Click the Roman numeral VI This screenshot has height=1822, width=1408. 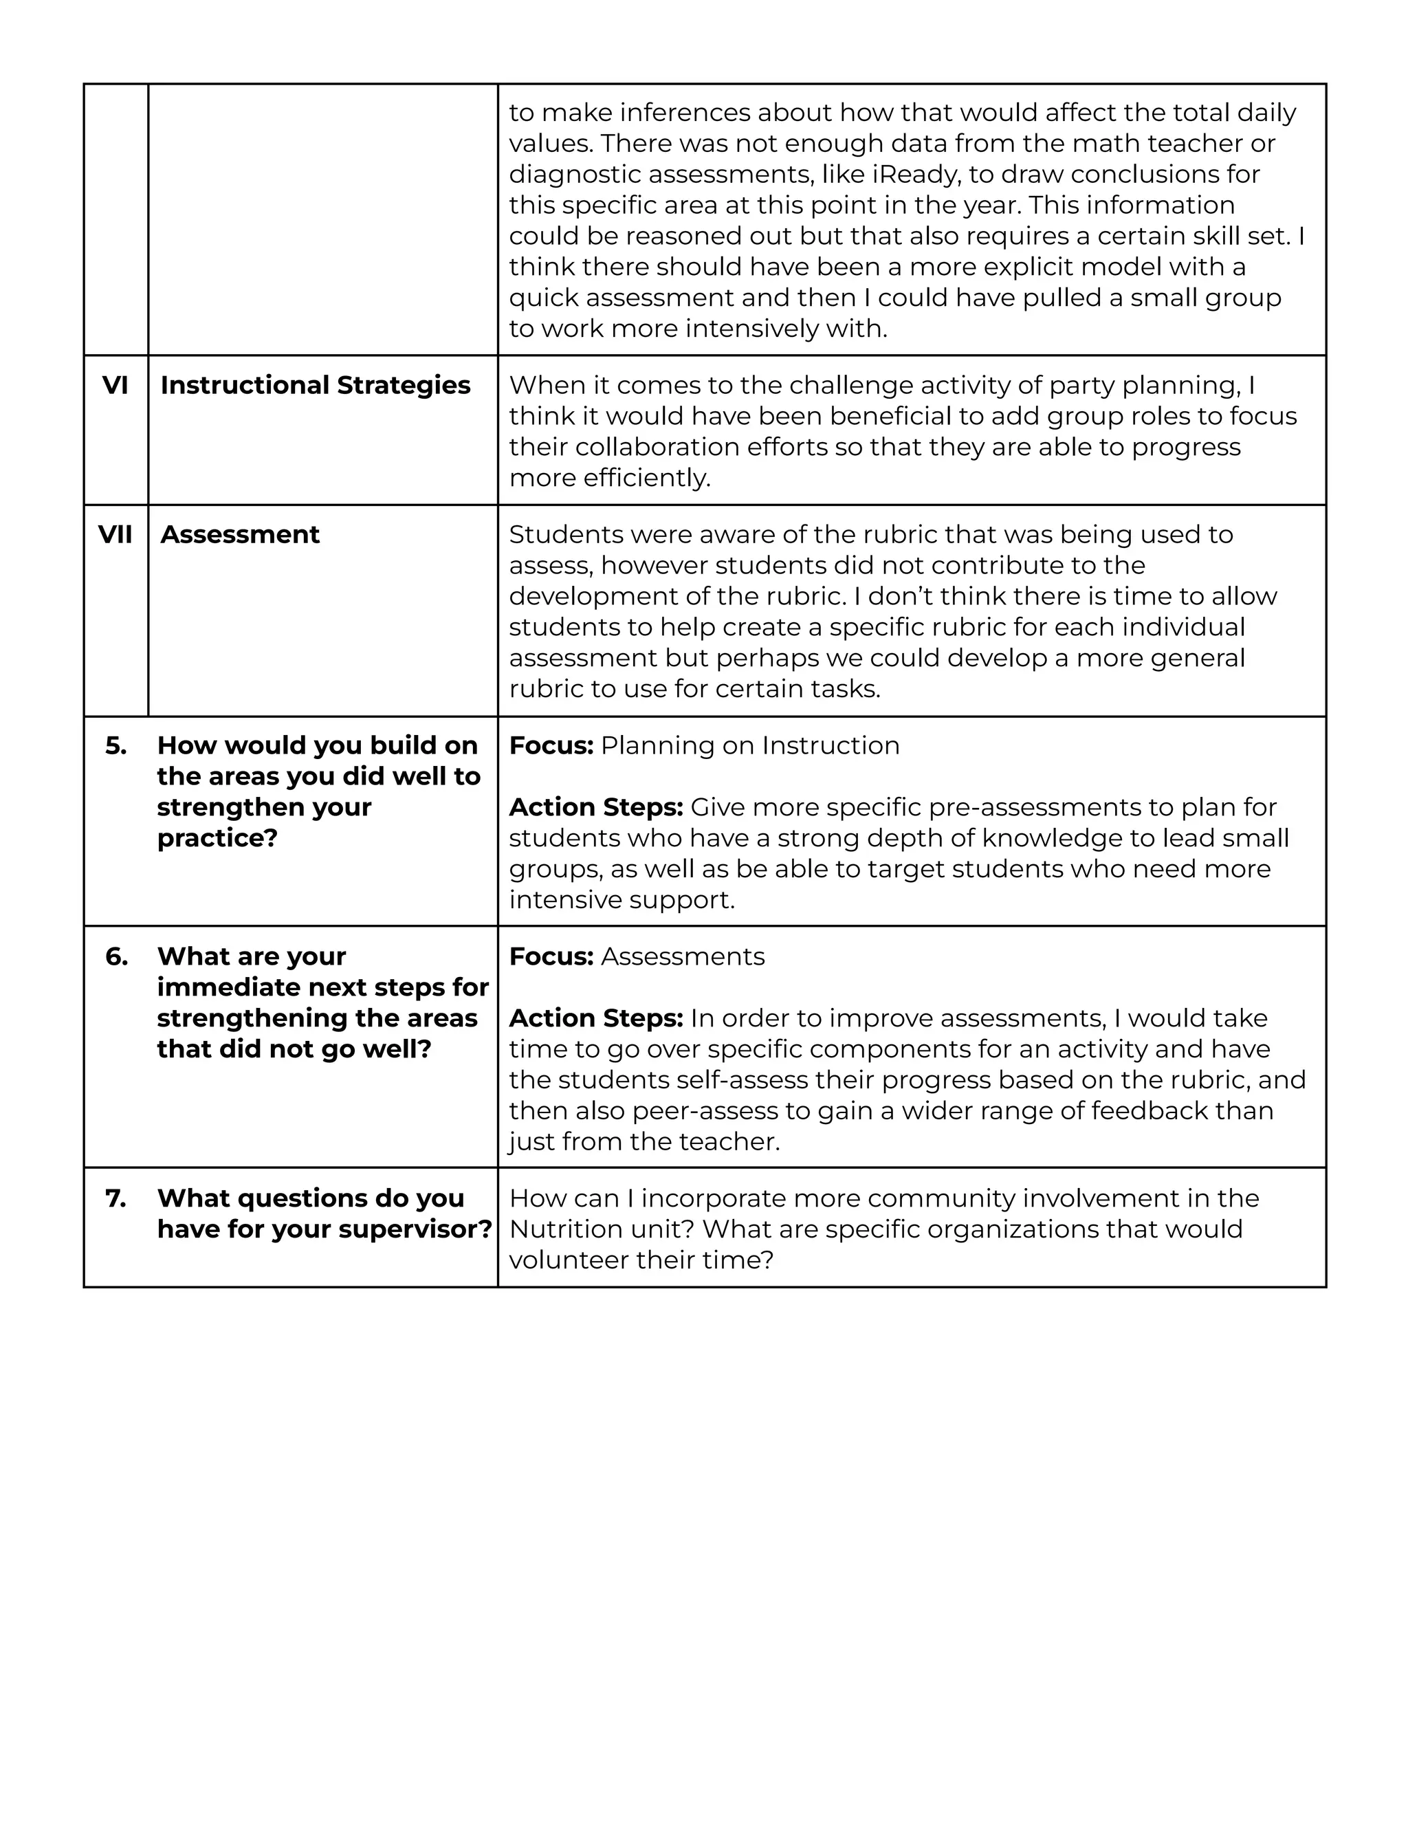[x=115, y=386]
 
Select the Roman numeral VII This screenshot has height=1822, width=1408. [x=115, y=535]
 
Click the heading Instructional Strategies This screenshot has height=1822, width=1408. [x=316, y=386]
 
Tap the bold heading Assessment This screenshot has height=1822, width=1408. [x=239, y=535]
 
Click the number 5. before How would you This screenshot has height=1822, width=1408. [x=116, y=746]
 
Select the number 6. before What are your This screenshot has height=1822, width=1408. [x=117, y=957]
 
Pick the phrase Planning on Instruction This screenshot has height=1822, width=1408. [x=750, y=746]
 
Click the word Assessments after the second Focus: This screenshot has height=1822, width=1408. [x=682, y=957]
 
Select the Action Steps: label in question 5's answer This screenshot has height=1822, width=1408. [x=595, y=808]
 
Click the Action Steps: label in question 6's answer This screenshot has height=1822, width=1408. [x=595, y=1019]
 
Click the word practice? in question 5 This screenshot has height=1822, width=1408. [x=217, y=838]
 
